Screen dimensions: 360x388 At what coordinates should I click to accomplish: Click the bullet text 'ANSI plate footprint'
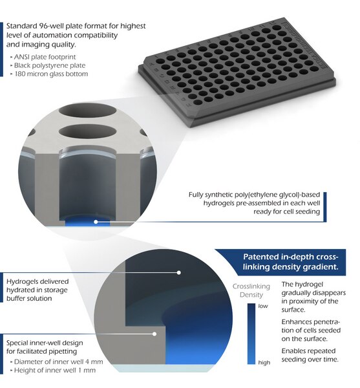tap(45, 57)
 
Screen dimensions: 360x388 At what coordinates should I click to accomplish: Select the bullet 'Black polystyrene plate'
tap(50, 65)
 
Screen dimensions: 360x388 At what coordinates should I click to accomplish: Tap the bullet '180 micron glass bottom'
tap(51, 74)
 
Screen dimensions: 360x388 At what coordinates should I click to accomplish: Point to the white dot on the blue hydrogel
tap(96, 222)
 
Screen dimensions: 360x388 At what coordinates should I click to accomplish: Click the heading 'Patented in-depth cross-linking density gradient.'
tap(290, 262)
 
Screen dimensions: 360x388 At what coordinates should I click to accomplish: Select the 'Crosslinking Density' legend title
tap(251, 290)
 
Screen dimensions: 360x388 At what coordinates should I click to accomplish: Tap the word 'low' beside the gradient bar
tap(263, 306)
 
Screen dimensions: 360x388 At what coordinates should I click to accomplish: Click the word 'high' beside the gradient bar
tap(264, 363)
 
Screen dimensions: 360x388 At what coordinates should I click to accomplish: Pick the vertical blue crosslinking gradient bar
tap(251, 334)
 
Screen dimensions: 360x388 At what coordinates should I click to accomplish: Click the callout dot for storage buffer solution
tap(179, 273)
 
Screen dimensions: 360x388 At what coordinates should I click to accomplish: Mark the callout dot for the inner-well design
tap(154, 334)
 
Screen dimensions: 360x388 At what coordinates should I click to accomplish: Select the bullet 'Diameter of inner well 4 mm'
tap(58, 361)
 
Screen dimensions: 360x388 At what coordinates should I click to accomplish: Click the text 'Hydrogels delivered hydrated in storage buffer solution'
tap(37, 290)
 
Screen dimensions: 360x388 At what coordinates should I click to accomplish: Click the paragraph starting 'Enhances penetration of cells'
tap(311, 330)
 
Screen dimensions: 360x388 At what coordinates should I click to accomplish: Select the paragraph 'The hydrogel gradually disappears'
tap(313, 297)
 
